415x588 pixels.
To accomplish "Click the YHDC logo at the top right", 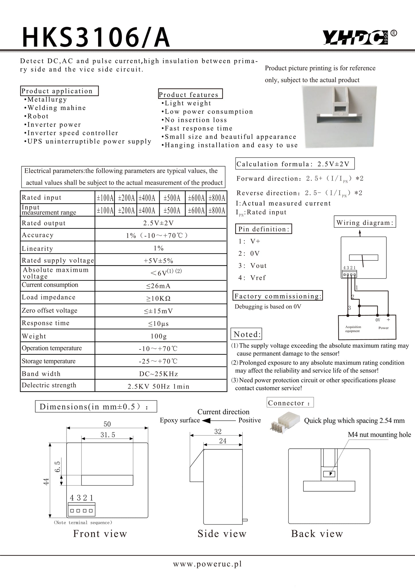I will [357, 38].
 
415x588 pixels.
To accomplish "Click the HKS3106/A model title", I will [96, 38].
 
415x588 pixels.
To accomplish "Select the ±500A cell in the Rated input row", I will [172, 198].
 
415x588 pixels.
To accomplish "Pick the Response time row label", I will [46, 323].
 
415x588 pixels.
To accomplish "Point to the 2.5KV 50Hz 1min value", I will [158, 386].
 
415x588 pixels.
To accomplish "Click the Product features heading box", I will [190, 94].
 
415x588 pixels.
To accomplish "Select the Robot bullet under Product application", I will [38, 116].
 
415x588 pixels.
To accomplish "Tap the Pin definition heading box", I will [264, 229].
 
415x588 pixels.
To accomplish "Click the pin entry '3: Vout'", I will [252, 266].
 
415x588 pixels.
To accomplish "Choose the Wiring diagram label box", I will [365, 223].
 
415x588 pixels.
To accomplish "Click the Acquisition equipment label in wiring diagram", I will [353, 329].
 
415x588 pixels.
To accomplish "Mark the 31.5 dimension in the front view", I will [108, 435].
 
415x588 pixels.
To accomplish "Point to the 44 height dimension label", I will [46, 481].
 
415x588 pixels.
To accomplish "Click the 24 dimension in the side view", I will [223, 441].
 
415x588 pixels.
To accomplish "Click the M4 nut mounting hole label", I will [379, 435].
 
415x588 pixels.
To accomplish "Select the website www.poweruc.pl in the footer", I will [207, 564].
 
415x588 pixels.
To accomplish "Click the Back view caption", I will [317, 534].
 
